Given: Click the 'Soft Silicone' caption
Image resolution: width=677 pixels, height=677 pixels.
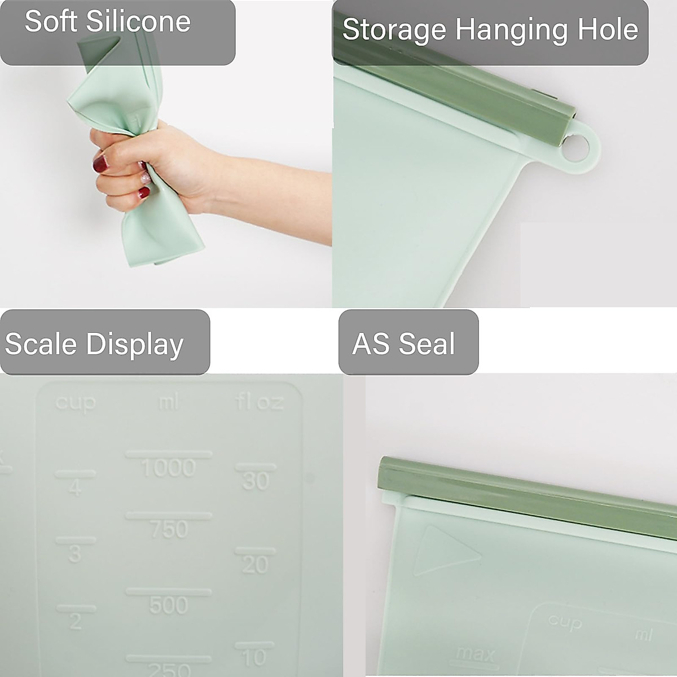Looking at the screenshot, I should [107, 22].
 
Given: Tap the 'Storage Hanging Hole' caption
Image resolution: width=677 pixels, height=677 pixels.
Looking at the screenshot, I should [490, 30].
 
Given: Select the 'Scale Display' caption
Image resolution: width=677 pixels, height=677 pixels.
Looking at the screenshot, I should [94, 344].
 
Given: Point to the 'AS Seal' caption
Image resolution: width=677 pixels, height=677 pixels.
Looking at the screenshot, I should [403, 344].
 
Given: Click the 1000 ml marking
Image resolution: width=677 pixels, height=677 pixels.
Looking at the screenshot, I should [169, 467].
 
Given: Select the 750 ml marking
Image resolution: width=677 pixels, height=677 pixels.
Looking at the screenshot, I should [169, 529].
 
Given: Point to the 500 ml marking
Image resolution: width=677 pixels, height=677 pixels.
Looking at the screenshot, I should [169, 605].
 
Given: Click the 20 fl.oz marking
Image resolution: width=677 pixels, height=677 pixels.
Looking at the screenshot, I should [255, 564].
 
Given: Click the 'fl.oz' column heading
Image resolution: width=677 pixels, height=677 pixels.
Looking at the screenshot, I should [259, 402].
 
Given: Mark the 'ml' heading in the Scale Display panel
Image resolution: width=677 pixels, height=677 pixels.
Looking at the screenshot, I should [168, 402].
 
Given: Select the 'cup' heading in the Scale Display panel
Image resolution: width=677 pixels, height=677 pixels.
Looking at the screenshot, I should [76, 403].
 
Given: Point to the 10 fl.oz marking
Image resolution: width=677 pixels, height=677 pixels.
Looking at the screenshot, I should [254, 656].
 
